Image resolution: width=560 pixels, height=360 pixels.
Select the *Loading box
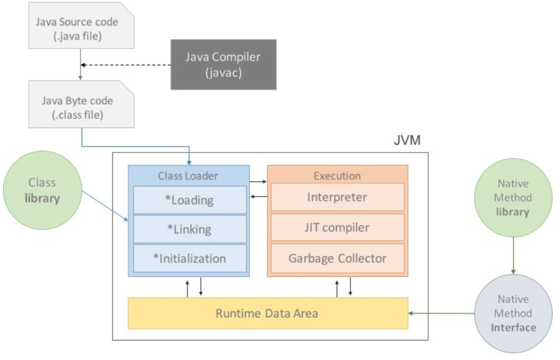pyautogui.click(x=189, y=199)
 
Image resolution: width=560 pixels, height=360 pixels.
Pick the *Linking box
pyautogui.click(x=189, y=229)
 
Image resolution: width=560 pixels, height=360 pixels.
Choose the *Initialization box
pyautogui.click(x=189, y=258)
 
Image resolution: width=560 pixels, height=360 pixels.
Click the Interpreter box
pyautogui.click(x=337, y=198)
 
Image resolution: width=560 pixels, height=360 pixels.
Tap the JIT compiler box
pyautogui.click(x=337, y=228)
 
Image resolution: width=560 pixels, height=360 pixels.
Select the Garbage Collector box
pyautogui.click(x=337, y=257)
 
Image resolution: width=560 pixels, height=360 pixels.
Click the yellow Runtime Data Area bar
pyautogui.click(x=267, y=313)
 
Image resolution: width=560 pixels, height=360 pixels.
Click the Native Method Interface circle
pyautogui.click(x=512, y=314)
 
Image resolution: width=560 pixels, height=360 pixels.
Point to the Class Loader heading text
pyautogui.click(x=189, y=176)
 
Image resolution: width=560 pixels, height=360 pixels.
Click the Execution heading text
pyautogui.click(x=337, y=176)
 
